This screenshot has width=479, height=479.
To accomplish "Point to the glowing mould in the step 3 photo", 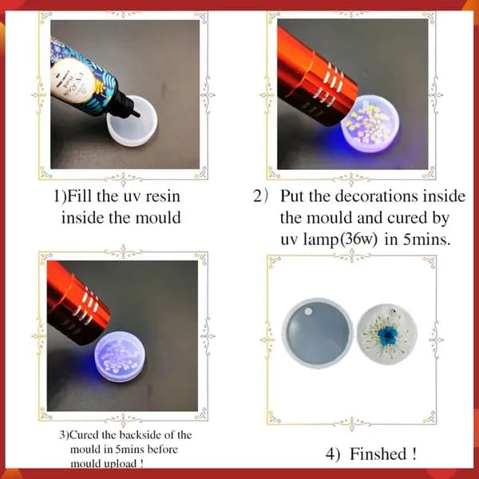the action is point(120,357).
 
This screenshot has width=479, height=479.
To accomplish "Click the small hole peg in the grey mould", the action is point(308,311).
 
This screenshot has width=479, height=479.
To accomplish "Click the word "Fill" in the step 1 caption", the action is point(79,196).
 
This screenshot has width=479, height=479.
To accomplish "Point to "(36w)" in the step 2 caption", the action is point(356,239).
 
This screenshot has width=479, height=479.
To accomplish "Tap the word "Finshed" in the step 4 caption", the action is point(378,453).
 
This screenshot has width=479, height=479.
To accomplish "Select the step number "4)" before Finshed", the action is point(332,454).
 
